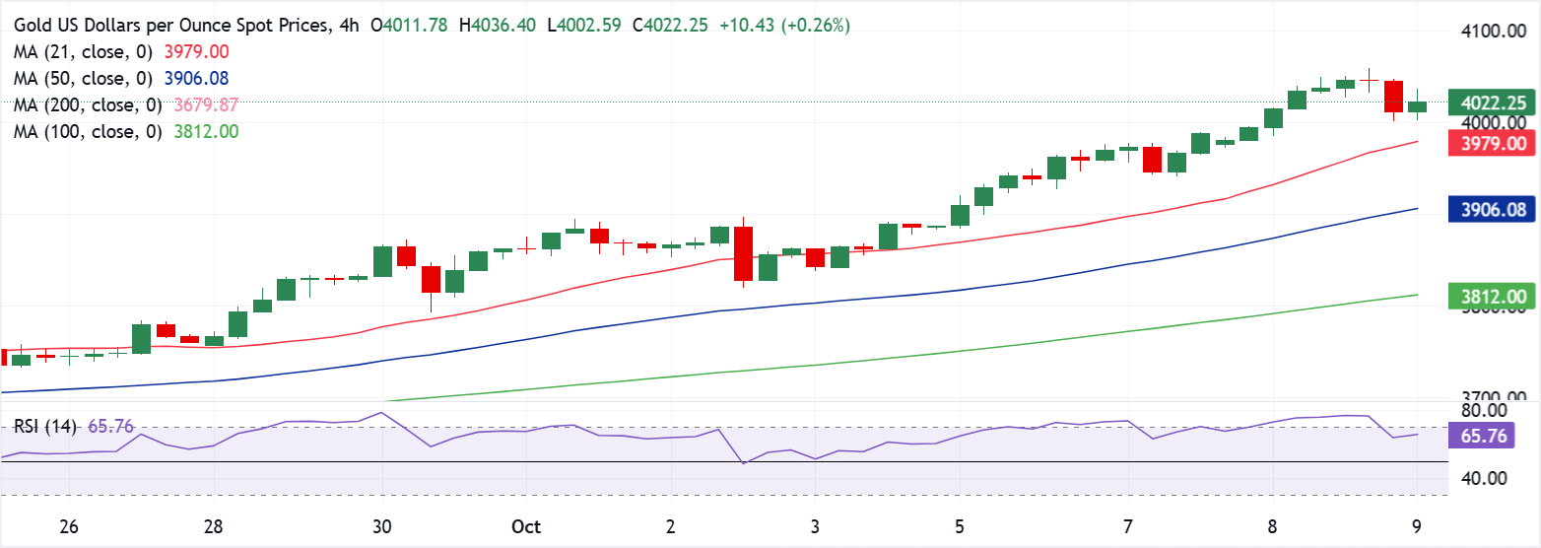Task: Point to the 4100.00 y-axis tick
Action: [x=1494, y=32]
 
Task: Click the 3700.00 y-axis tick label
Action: [x=1494, y=398]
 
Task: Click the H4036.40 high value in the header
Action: [x=499, y=26]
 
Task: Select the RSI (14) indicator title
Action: [x=46, y=427]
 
